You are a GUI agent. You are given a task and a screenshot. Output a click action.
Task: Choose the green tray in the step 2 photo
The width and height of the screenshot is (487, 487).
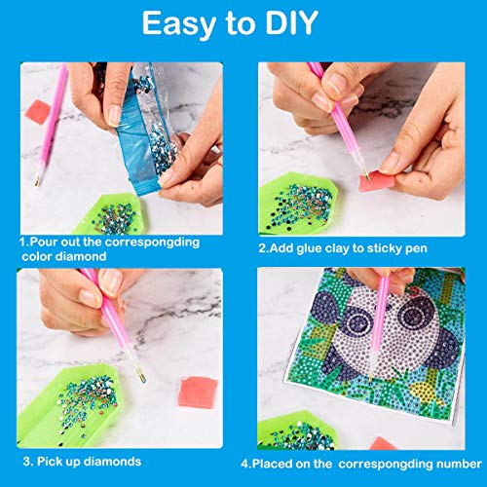coord(302,195)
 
